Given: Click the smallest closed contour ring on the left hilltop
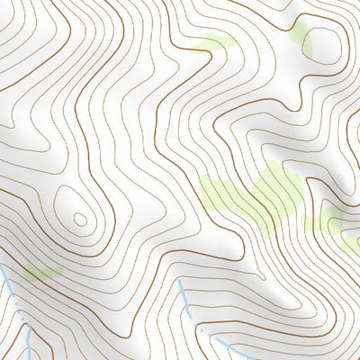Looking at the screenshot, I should click(80, 219).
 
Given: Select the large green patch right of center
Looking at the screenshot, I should click(256, 193).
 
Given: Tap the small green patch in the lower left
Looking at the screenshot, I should click(40, 273).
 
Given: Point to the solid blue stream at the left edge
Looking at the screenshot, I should click(4, 274).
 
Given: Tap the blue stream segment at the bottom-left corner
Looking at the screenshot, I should click(31, 346).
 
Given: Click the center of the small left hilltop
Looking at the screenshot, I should click(80, 219).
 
